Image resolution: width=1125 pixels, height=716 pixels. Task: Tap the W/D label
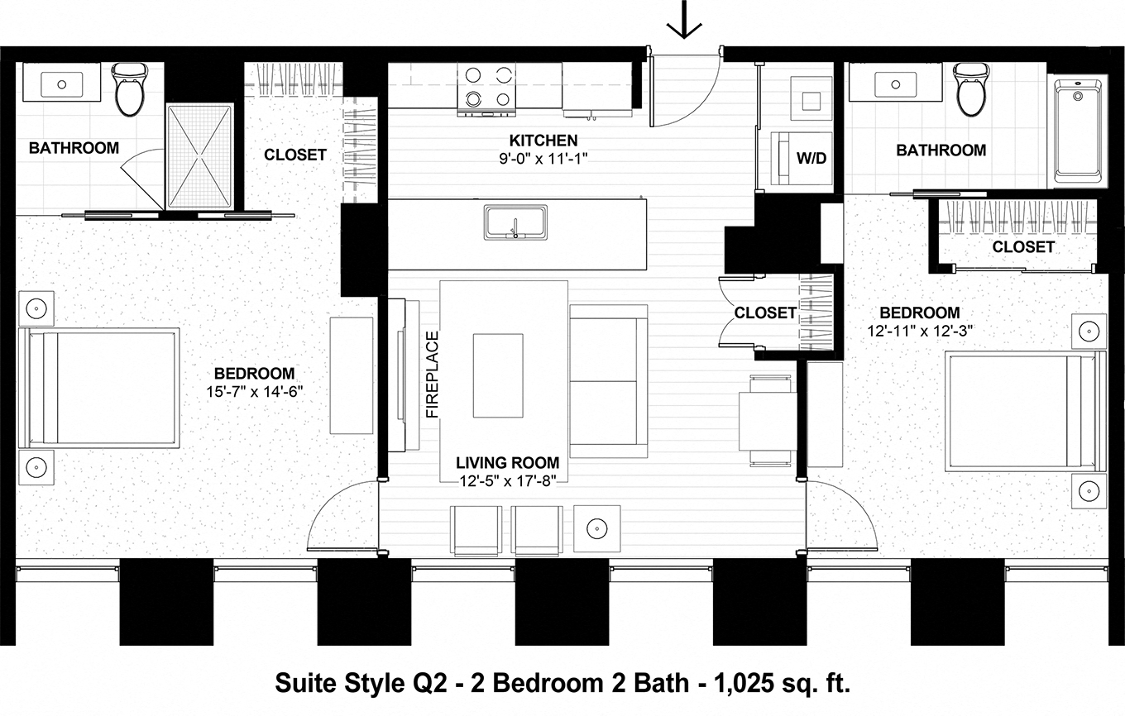click(x=811, y=157)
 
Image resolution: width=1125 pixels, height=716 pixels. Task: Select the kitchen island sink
click(x=515, y=222)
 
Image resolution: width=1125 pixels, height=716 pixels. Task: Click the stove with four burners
click(x=487, y=88)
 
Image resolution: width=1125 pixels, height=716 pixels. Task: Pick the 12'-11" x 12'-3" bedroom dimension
click(x=919, y=331)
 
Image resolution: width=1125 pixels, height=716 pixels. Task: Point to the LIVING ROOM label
click(x=507, y=463)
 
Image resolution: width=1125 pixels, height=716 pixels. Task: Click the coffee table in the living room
click(x=497, y=375)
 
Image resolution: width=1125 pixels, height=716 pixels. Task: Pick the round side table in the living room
click(x=596, y=527)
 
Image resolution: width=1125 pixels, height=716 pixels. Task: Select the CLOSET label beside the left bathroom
click(x=294, y=155)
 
